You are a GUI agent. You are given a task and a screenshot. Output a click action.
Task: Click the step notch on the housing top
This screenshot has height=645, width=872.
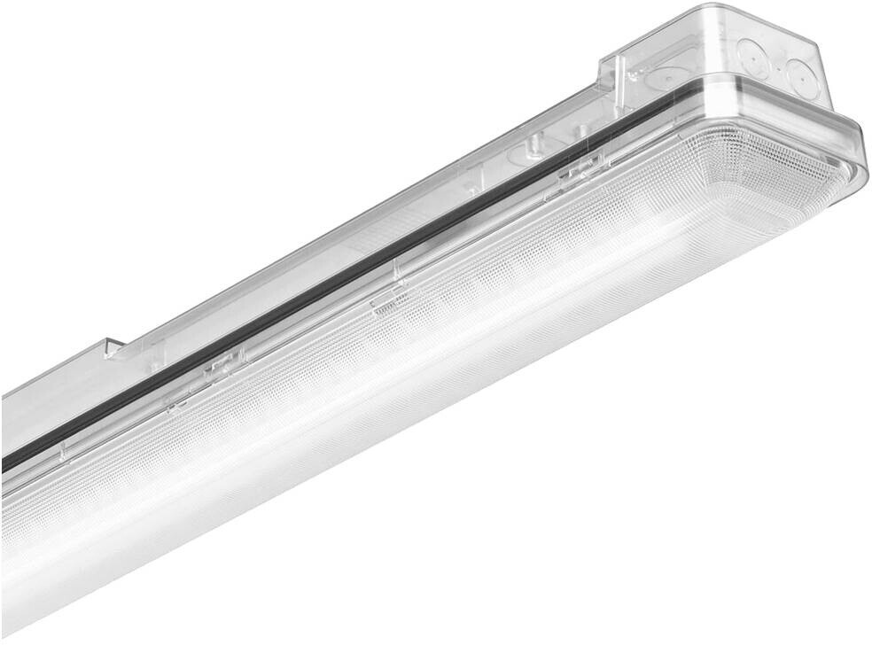tap(113, 347)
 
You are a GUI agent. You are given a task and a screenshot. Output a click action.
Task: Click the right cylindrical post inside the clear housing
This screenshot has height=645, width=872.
tap(581, 131)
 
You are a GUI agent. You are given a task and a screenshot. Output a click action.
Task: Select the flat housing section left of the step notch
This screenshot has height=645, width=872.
tap(53, 390)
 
